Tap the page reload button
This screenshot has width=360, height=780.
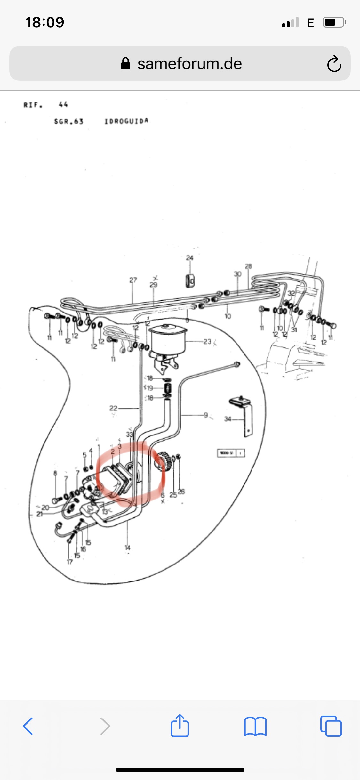click(x=334, y=64)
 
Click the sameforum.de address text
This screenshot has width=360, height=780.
click(x=189, y=64)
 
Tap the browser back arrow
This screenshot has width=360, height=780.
click(x=28, y=726)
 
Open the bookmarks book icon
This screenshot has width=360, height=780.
click(x=255, y=726)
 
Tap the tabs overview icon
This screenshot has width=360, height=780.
click(x=331, y=726)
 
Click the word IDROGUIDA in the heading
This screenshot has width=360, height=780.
click(x=126, y=121)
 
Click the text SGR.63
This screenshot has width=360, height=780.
click(x=68, y=121)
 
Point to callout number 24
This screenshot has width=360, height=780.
click(x=189, y=258)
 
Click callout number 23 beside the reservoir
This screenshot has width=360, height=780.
click(x=207, y=342)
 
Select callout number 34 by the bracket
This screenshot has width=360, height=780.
click(x=228, y=419)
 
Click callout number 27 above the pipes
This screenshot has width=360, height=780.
click(x=133, y=280)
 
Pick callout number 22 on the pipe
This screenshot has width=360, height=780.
click(x=113, y=408)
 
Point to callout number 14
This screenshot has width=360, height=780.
click(x=127, y=548)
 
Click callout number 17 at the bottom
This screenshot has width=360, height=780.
click(x=69, y=562)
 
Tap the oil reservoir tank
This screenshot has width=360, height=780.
click(x=167, y=339)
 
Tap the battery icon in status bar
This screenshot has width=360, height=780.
click(x=334, y=22)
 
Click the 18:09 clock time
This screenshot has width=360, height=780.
click(x=44, y=22)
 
